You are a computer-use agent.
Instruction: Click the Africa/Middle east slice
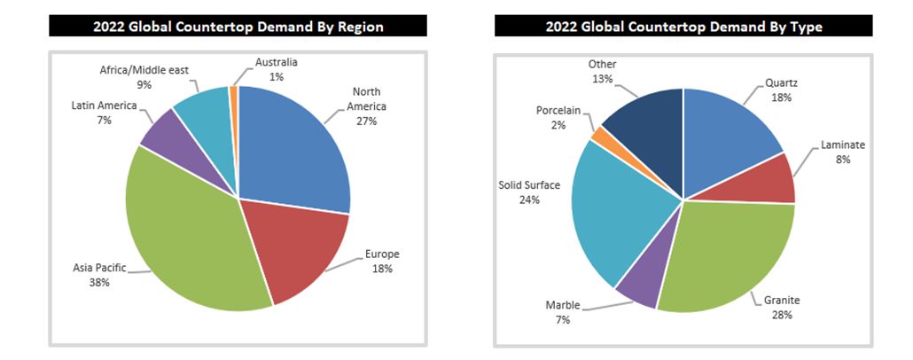tap(203, 111)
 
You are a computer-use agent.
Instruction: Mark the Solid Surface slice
tap(612, 208)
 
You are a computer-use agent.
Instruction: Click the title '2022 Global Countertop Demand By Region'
tap(238, 27)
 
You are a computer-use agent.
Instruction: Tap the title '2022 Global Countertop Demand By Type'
tap(682, 27)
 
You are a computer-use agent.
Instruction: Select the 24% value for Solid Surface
tap(530, 200)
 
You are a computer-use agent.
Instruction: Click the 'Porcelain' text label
tap(558, 111)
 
